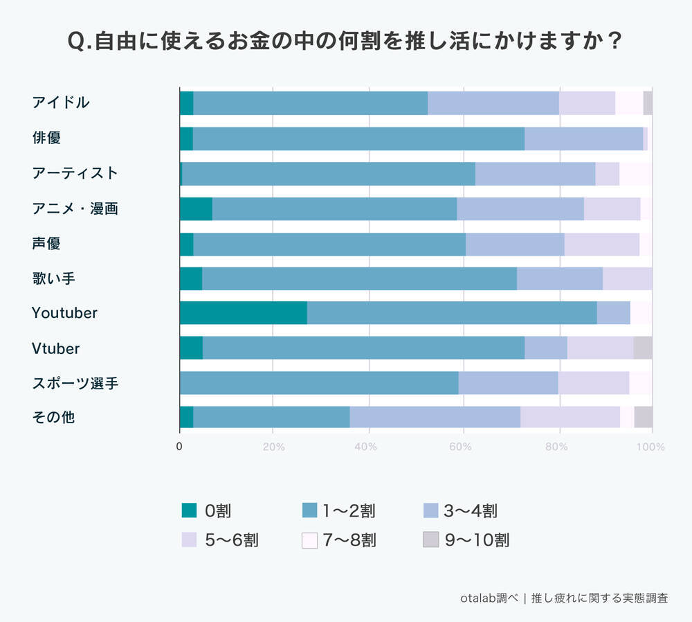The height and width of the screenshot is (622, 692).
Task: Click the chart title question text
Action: click(x=345, y=41)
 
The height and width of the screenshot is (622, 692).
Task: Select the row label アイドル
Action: click(x=61, y=103)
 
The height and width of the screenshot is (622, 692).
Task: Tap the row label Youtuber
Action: click(x=64, y=313)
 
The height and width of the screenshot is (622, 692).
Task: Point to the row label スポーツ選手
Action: click(x=75, y=383)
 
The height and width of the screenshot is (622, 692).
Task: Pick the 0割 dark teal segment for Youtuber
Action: click(x=243, y=313)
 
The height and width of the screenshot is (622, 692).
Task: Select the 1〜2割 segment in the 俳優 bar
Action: click(x=358, y=138)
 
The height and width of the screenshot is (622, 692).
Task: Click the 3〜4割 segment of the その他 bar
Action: click(x=435, y=418)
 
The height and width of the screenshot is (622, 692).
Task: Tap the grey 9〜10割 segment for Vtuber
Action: click(x=643, y=348)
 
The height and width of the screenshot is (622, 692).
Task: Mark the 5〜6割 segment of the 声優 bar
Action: click(x=601, y=243)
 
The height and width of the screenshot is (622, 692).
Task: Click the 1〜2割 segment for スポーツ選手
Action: click(x=319, y=383)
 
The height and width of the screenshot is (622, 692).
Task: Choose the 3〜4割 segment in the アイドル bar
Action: click(x=493, y=103)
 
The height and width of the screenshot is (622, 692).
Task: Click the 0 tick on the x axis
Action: click(x=179, y=447)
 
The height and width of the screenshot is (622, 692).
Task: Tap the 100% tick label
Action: click(x=650, y=447)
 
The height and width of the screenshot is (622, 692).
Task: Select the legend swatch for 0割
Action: click(x=189, y=511)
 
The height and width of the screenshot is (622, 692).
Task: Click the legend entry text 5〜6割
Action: click(x=232, y=540)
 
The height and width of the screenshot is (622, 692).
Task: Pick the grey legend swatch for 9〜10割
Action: click(x=431, y=540)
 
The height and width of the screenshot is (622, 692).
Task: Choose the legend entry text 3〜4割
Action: click(x=470, y=511)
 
